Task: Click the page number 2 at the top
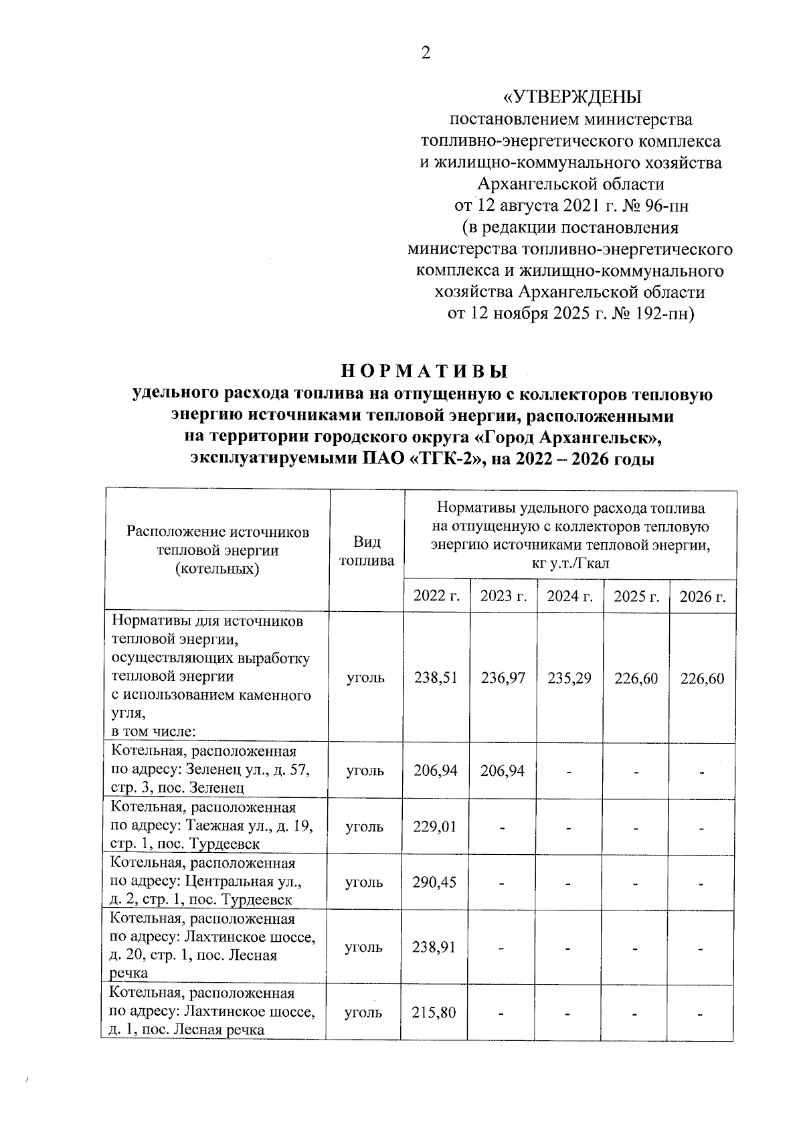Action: (x=426, y=54)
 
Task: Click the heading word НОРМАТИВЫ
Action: (x=425, y=371)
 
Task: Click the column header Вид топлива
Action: (x=367, y=551)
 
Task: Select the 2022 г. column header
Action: (x=437, y=596)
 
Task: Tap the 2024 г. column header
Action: (x=570, y=596)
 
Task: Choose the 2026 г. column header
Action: (x=703, y=596)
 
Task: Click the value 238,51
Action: (x=436, y=678)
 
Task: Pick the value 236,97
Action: (x=503, y=678)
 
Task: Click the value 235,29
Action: (x=569, y=678)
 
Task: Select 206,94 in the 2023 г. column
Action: (x=503, y=770)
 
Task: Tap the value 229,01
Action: (x=435, y=826)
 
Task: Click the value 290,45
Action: (x=435, y=882)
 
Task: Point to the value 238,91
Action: (x=435, y=947)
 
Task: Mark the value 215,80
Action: (x=435, y=1012)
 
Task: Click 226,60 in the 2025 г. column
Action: (x=636, y=678)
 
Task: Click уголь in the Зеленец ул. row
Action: (x=365, y=770)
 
